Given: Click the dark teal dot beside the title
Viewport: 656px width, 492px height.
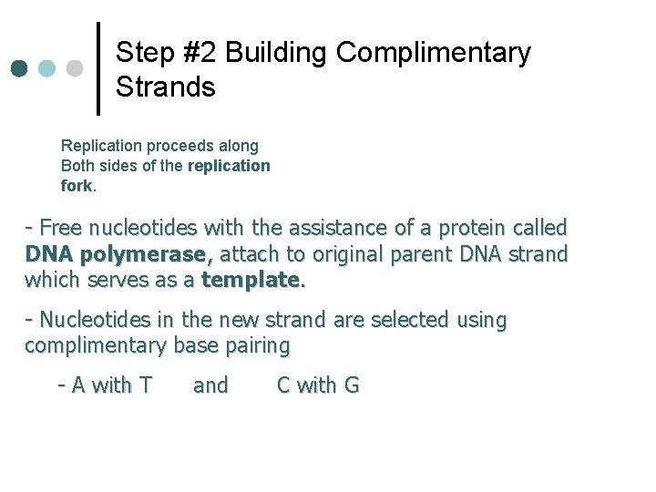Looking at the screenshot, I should pos(20,69).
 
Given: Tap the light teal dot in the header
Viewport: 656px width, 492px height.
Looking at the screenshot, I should pos(47,69).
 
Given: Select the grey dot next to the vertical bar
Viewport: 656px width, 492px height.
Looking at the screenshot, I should pos(75,69).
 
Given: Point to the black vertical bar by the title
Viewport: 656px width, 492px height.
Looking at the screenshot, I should pos(98,68).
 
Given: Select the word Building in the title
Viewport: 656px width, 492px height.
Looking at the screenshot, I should pos(277,53).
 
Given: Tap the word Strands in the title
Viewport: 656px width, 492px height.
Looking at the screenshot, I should pos(166,87).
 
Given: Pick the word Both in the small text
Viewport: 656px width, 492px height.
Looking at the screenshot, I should pos(77,166).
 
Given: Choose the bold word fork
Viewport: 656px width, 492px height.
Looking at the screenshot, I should pos(77,186).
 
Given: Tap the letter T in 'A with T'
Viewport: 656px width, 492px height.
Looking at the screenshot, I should pos(145,385).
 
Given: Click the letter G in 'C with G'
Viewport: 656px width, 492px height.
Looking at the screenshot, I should pos(351,385).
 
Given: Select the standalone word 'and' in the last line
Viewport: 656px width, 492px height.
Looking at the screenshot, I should pos(210,385).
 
